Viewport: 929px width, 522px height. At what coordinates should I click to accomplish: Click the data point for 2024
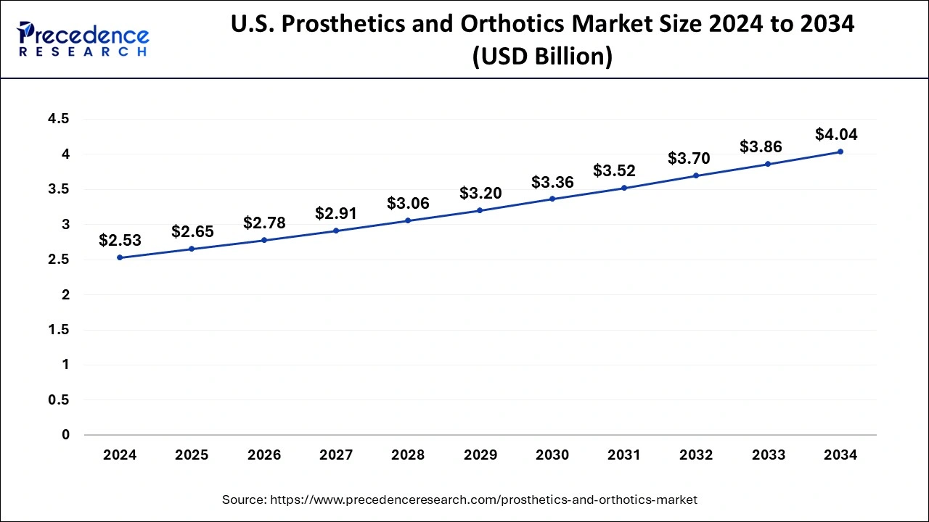click(120, 257)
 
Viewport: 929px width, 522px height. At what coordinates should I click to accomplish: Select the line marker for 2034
click(840, 152)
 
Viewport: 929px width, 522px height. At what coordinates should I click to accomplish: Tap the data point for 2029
click(480, 210)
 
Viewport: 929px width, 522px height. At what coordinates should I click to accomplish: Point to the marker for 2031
click(624, 188)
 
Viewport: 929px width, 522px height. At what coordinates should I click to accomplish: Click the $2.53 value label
click(120, 240)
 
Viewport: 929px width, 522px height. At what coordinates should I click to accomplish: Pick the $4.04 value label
click(836, 134)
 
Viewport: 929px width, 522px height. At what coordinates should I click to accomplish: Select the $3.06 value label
click(408, 203)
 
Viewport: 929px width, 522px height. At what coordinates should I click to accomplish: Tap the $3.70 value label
click(689, 158)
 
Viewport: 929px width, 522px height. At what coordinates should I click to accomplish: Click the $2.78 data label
click(264, 223)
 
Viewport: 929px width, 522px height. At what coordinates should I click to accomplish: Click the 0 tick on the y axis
click(65, 435)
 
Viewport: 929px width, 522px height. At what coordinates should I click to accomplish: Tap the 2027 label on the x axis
click(336, 455)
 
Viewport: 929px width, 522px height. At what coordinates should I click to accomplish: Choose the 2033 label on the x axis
click(769, 455)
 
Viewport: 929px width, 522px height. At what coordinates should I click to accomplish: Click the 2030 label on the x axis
click(552, 455)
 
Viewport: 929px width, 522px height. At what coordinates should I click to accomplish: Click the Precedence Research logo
click(83, 39)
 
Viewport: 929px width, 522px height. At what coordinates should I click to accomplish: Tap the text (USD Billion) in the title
click(542, 56)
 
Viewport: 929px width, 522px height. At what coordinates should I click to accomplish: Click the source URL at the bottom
click(483, 500)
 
